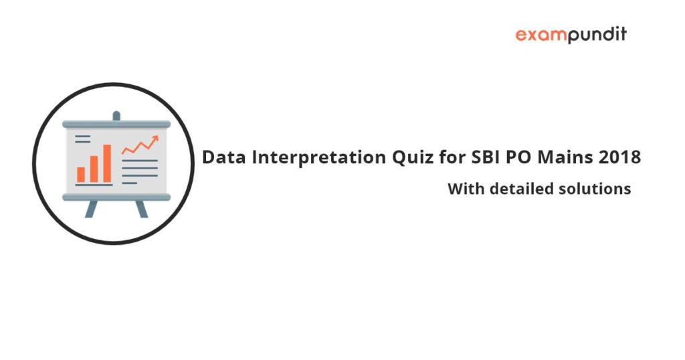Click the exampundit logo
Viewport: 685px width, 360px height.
click(x=571, y=35)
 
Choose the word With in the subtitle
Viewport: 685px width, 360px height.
click(x=466, y=189)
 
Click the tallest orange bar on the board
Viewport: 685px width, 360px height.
click(x=107, y=163)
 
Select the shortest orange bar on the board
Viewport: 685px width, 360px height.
click(x=81, y=175)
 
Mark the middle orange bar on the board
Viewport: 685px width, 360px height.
click(x=94, y=169)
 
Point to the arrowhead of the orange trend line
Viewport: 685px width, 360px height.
click(x=155, y=139)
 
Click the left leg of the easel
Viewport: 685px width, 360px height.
click(x=91, y=209)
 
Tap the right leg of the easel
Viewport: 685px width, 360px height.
click(x=142, y=209)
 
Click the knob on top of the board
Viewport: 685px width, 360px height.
click(x=116, y=116)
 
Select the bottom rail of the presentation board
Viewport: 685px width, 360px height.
click(x=116, y=197)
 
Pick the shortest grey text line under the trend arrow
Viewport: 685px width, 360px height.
click(x=129, y=183)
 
